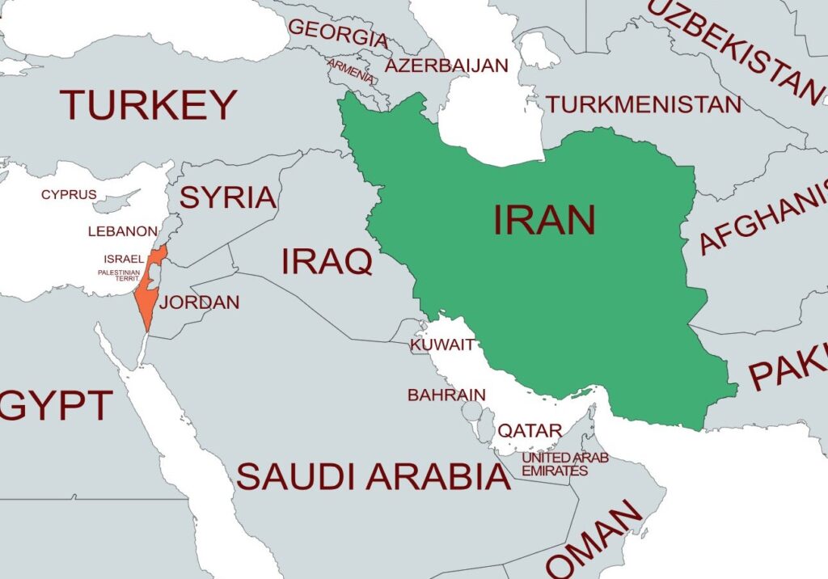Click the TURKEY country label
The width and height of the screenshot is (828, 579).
point(148,105)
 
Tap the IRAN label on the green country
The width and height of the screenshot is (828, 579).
point(544,220)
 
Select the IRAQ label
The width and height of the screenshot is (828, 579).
point(327,262)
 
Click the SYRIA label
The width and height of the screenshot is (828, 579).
point(227,197)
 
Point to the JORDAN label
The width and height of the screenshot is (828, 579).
point(199,303)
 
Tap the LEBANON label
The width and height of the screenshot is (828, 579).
point(123,231)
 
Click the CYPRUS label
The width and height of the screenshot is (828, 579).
point(69,195)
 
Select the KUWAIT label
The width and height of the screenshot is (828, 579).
point(442,345)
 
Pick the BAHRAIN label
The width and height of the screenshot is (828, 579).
point(446,395)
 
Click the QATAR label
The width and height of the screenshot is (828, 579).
point(529,431)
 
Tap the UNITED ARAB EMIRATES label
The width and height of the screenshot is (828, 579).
point(564,464)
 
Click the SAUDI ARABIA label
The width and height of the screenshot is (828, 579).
point(374,477)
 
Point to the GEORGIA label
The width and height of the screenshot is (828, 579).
point(338,33)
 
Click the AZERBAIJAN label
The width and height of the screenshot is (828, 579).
point(446,66)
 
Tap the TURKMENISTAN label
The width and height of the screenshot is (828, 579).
point(643,104)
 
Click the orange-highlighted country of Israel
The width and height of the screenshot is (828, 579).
point(147,295)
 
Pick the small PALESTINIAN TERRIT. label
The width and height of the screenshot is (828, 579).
point(119,276)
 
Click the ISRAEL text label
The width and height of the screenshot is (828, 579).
point(124,259)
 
